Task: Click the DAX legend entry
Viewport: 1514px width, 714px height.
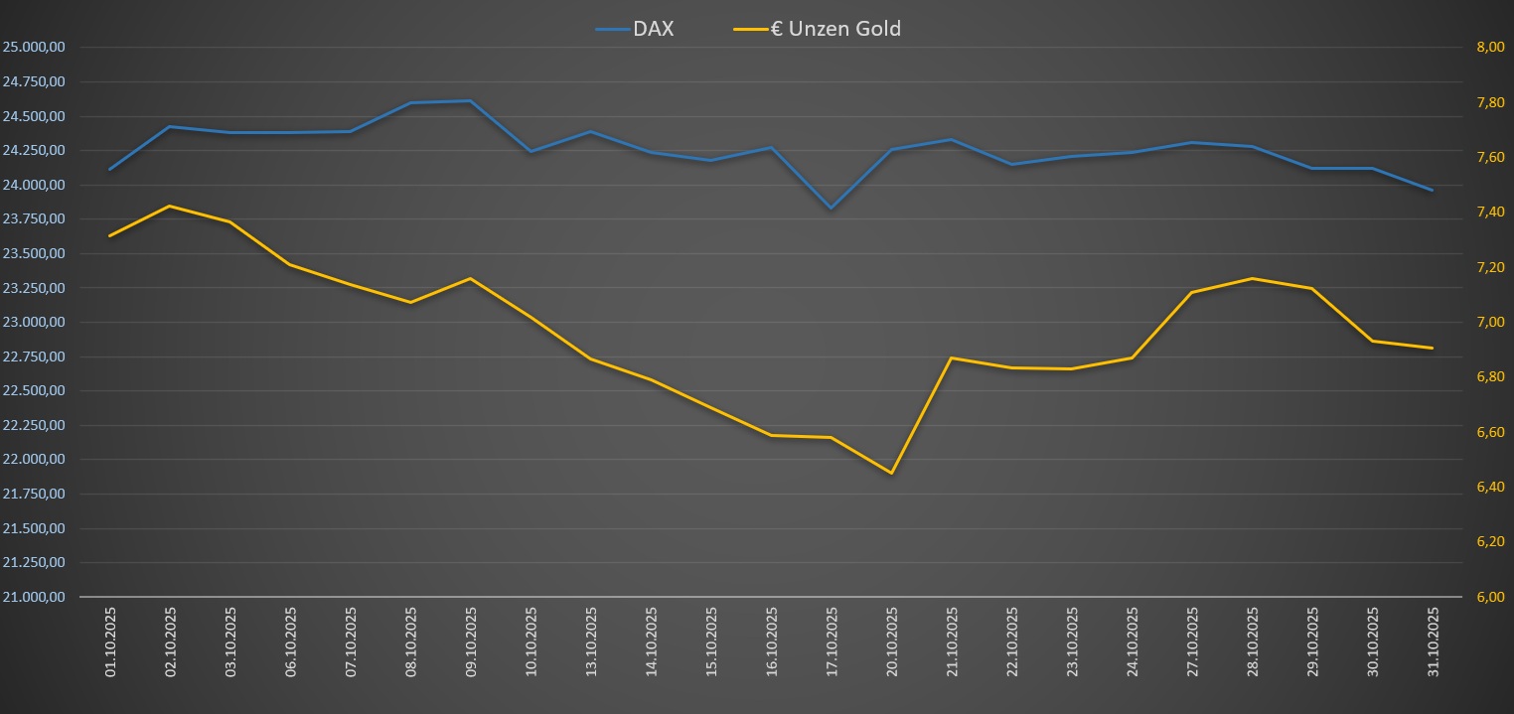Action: click(636, 29)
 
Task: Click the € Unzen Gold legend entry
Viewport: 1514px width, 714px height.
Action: click(818, 29)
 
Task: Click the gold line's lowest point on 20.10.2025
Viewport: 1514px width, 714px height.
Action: click(891, 473)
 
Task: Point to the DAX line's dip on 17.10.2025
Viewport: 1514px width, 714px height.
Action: click(831, 209)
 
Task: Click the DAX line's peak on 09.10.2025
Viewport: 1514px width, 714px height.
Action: click(470, 101)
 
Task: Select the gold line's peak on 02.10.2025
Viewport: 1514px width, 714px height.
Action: click(170, 206)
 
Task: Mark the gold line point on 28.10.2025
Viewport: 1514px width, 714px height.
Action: click(1252, 278)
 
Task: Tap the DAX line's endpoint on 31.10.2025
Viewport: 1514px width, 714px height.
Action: click(1433, 190)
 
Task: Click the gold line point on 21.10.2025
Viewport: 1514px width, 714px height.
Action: click(951, 357)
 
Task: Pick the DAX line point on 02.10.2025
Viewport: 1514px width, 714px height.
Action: click(170, 126)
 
